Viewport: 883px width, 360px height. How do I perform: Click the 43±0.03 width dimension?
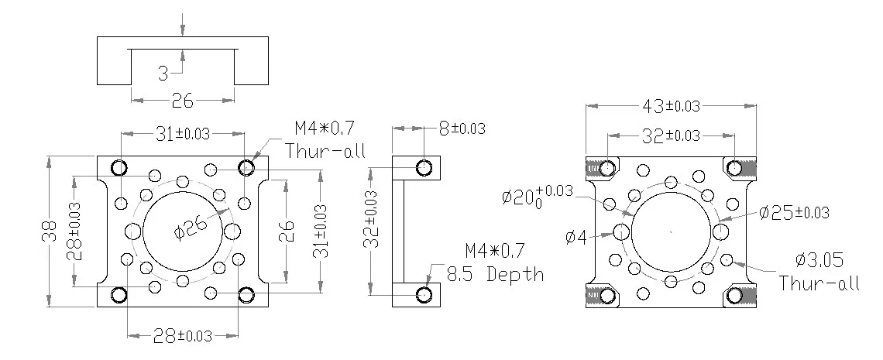click(x=671, y=106)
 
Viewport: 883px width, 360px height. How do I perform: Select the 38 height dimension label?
click(x=50, y=231)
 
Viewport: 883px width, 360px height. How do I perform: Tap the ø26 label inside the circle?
click(x=190, y=227)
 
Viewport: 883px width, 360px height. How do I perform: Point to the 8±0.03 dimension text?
click(x=461, y=129)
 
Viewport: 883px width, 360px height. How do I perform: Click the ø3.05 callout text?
click(x=819, y=260)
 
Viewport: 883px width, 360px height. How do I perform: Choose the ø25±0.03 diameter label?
click(x=794, y=212)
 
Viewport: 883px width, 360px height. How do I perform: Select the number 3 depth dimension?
click(x=163, y=73)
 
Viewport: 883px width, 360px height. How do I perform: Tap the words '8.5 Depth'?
click(x=496, y=274)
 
